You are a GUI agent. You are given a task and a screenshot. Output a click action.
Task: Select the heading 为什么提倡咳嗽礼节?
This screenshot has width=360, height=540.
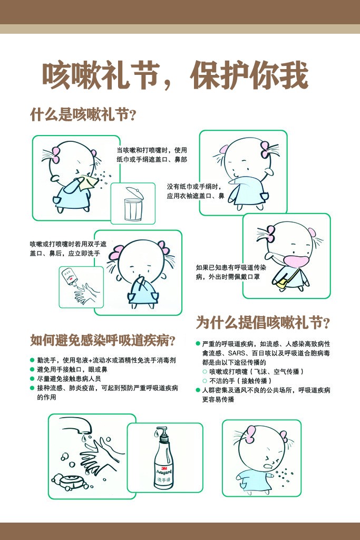click(x=264, y=322)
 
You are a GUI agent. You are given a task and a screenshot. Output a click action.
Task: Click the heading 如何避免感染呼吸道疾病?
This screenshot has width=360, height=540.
click(x=103, y=340)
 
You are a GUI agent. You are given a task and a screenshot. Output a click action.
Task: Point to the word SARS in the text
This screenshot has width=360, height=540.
click(x=237, y=353)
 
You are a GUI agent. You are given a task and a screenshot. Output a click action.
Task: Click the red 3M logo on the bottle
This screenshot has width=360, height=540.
click(x=164, y=468)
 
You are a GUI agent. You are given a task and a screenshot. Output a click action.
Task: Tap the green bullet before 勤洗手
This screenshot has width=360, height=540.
click(x=32, y=360)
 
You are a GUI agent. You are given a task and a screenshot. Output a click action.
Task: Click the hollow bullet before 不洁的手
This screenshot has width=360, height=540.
click(x=205, y=381)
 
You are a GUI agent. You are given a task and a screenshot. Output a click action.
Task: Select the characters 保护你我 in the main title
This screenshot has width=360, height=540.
click(x=249, y=75)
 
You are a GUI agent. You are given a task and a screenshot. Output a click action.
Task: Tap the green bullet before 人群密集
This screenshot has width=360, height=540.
click(x=198, y=390)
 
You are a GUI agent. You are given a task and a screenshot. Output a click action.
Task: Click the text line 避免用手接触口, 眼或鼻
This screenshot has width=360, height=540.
click(x=72, y=370)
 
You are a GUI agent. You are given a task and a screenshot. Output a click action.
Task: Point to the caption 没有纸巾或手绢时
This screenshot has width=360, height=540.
click(x=194, y=187)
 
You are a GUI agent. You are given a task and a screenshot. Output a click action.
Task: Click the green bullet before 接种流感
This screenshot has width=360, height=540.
click(x=32, y=388)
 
